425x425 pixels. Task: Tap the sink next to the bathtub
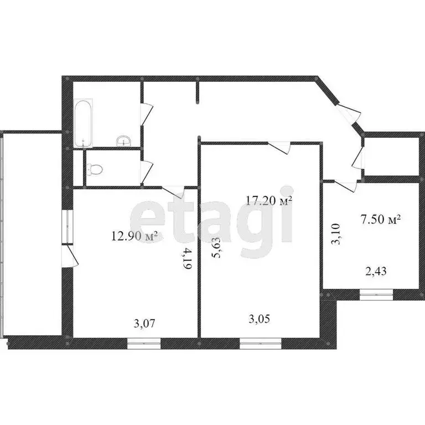click(x=123, y=141)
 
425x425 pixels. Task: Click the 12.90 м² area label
click(x=134, y=237)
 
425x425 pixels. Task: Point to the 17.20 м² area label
click(x=269, y=201)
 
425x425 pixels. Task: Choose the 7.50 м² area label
click(x=380, y=220)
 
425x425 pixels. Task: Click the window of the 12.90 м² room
click(x=143, y=343)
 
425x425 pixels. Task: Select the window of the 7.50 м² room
click(x=376, y=296)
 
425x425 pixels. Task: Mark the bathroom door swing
click(x=146, y=115)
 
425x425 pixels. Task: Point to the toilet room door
click(x=146, y=172)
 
